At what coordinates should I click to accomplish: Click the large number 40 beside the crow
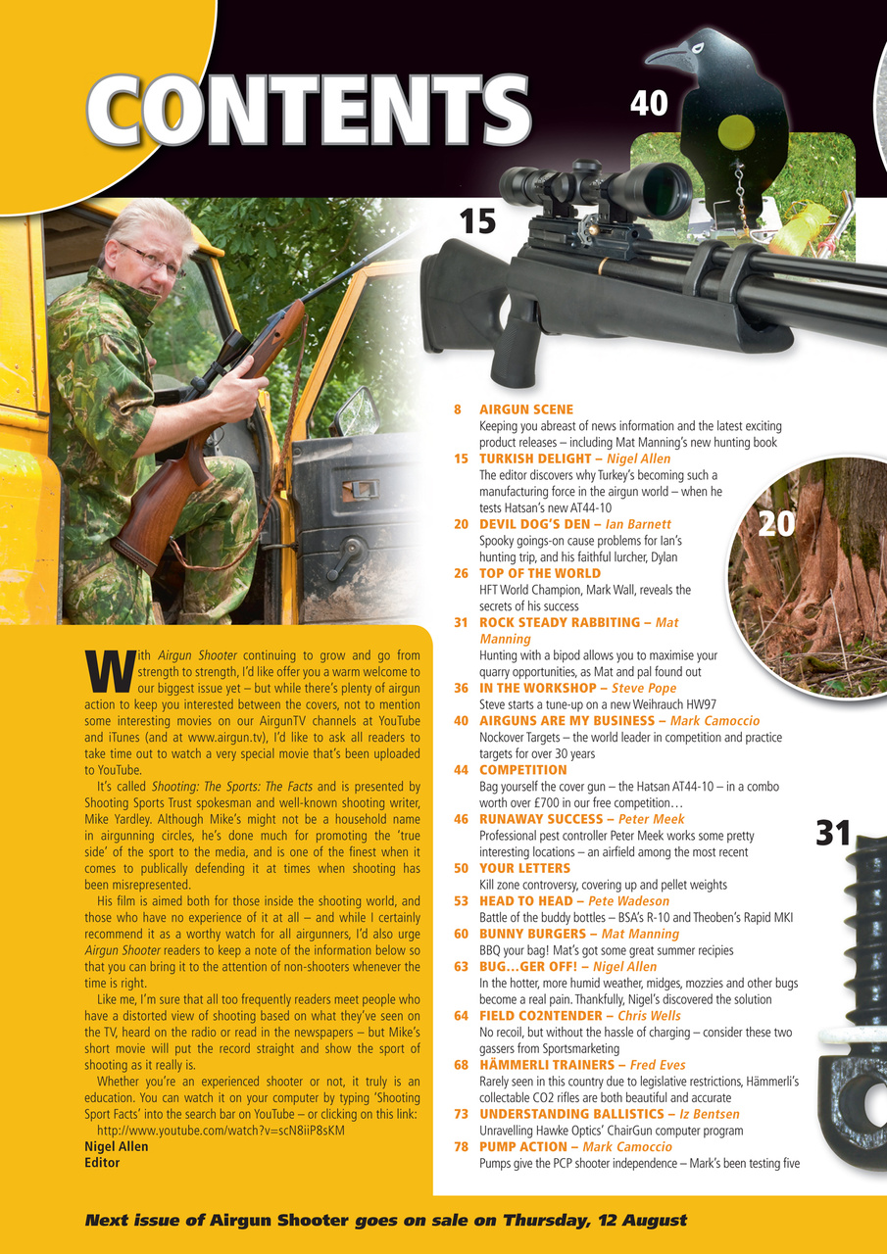point(648,102)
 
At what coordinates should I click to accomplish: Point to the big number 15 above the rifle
point(477,221)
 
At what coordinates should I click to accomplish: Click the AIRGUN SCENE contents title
point(526,409)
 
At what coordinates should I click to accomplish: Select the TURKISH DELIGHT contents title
point(540,458)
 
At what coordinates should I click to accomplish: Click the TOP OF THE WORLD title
point(540,573)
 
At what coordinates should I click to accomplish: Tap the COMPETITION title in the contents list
point(523,770)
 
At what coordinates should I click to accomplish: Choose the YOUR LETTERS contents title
point(522,868)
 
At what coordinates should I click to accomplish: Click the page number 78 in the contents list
point(461,1146)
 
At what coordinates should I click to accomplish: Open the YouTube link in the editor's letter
point(222,1130)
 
